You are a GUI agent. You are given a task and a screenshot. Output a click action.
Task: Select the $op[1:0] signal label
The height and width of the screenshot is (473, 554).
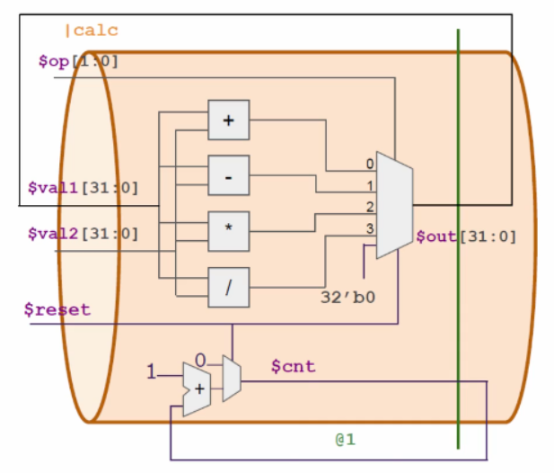pos(78,61)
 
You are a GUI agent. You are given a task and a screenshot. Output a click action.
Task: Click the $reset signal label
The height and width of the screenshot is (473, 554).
pos(57,309)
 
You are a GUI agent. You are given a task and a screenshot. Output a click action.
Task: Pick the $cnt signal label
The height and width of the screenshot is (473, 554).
pos(293,367)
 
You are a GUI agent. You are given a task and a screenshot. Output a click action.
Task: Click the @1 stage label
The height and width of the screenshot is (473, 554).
pos(347,441)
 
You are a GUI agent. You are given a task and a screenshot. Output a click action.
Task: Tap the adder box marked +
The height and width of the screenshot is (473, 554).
pos(228,120)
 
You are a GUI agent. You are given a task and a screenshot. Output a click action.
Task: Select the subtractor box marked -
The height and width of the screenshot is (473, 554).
pos(228,176)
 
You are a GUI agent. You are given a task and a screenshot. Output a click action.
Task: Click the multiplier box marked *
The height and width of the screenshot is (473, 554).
pos(228,231)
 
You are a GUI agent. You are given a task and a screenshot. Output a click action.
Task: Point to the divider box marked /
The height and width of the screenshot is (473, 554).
pos(228,288)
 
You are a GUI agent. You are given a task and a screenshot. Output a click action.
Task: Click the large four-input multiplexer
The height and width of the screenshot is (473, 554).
pos(393,205)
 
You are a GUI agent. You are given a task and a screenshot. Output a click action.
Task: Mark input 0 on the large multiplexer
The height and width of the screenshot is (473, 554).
pos(369,165)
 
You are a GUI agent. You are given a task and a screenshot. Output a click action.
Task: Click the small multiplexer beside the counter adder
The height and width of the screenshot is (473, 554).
pos(231,378)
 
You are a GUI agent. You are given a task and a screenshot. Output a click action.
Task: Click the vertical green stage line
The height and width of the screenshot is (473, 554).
pos(458,270)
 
